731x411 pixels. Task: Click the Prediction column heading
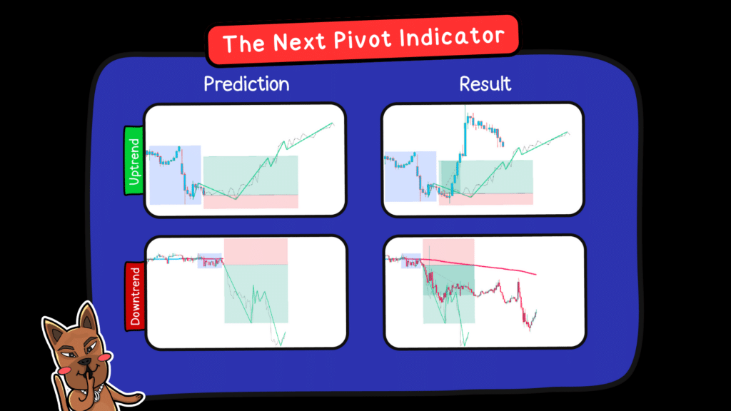[246, 83]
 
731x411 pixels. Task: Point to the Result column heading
[485, 83]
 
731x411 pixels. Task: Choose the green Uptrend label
[134, 161]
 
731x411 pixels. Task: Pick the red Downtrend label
[134, 296]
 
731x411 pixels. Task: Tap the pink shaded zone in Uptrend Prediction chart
[250, 201]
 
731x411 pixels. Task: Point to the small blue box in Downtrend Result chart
[412, 260]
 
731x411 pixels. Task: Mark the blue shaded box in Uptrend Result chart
[410, 176]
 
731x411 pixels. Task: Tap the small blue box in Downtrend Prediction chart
[210, 261]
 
